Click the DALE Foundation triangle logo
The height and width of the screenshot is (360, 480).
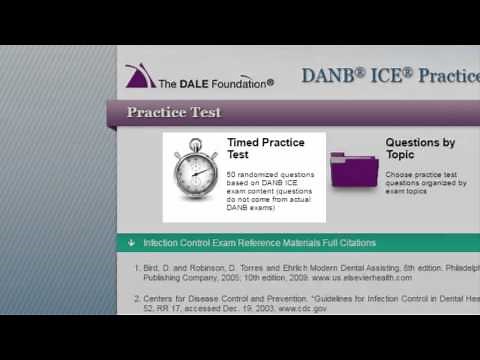coord(138,77)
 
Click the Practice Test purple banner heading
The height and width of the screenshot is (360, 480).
coord(174,112)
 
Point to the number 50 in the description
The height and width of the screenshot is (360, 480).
coord(232,175)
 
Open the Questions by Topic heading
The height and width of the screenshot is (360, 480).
coord(420,149)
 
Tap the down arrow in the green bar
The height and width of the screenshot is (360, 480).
coord(132,243)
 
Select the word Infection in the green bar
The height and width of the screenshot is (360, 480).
coord(162,243)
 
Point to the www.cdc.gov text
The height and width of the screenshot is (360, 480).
coord(302,309)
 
